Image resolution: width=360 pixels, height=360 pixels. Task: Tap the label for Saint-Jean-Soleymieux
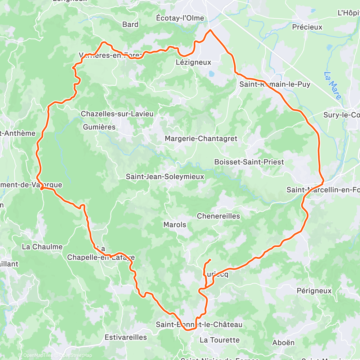(165, 177)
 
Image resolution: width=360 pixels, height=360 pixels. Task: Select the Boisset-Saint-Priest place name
(249, 162)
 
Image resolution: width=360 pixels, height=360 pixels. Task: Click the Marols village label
(175, 225)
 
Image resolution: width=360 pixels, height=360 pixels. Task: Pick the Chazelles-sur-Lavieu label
(117, 114)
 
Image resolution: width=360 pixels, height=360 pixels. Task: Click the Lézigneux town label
(193, 62)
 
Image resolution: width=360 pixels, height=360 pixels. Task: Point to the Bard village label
(130, 24)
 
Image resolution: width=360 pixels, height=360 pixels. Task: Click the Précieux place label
(307, 27)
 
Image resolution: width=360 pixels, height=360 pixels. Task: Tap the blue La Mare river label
(331, 85)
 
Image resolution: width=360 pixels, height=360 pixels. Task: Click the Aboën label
(284, 342)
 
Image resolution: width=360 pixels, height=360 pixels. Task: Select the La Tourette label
(220, 340)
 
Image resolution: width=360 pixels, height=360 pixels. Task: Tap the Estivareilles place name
(126, 337)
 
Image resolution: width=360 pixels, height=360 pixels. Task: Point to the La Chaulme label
(42, 247)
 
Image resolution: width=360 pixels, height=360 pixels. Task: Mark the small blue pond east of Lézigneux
(211, 74)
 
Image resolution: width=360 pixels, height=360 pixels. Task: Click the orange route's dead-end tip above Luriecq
(210, 260)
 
